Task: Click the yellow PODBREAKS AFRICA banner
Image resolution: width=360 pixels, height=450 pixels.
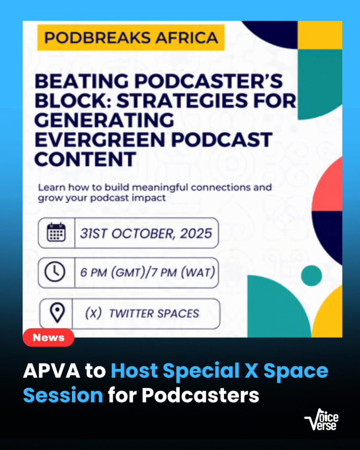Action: pos(130,37)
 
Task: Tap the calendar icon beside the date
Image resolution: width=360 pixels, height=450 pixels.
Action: pos(56,232)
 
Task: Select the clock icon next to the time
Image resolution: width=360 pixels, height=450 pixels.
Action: pos(56,272)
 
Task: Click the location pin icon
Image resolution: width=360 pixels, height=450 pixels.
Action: pos(57,313)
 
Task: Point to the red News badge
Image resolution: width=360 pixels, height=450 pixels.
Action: pos(48,337)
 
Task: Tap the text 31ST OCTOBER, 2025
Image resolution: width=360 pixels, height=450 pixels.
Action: pos(146,233)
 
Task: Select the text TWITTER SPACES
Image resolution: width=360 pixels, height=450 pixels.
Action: pos(154,313)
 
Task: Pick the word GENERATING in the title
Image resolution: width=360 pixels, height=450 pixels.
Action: pos(104,120)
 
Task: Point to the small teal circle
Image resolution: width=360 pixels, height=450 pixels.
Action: pos(312,275)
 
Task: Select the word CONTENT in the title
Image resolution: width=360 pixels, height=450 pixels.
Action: pos(85,159)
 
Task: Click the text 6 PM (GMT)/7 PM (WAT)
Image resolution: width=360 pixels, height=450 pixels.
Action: pos(147,272)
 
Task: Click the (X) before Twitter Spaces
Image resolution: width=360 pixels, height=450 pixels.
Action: pos(94,313)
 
